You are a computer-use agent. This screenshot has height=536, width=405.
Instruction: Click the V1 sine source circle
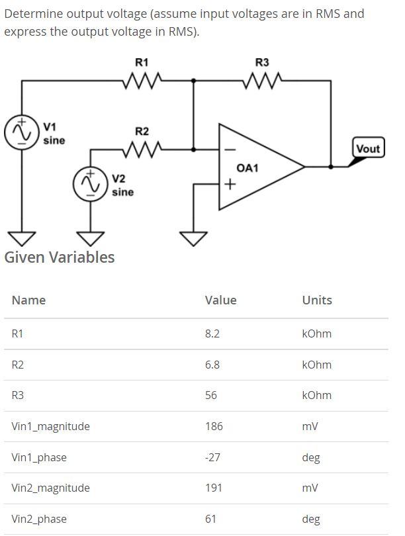pos(19,132)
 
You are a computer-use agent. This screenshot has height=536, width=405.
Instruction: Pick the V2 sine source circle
pos(89,183)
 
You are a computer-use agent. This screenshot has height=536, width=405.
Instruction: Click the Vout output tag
pos(368,148)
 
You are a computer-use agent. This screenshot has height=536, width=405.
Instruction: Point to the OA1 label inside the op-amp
pos(246,168)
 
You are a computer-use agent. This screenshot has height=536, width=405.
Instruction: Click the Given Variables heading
pos(60,257)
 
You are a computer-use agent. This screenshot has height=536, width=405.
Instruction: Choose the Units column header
pos(317,300)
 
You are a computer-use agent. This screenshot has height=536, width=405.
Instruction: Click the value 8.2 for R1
pos(212,334)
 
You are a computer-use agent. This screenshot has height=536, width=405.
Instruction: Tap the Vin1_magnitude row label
pos(50,426)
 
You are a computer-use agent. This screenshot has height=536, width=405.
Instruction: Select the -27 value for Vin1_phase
pos(213,457)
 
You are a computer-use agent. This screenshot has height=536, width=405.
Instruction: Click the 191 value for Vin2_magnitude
pos(214,488)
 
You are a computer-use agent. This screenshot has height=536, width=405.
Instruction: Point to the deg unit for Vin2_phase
pos(311,519)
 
